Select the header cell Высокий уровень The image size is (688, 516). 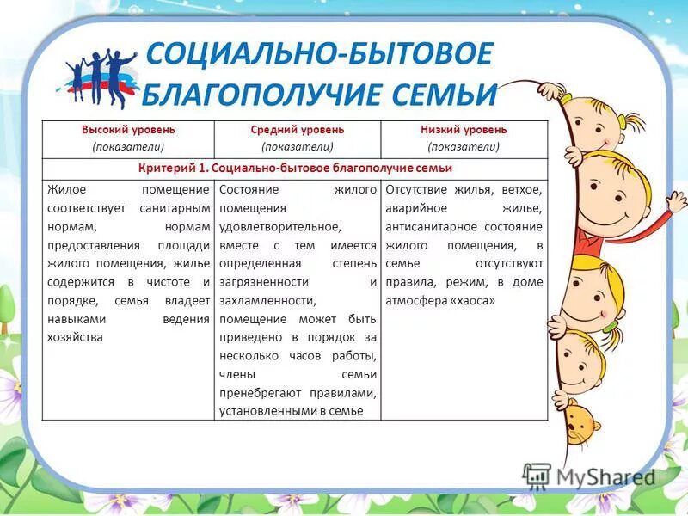(128, 130)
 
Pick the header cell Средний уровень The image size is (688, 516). (297, 130)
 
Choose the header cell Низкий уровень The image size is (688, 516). (464, 130)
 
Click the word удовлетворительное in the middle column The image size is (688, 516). (280, 226)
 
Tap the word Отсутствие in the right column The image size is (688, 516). (415, 188)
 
